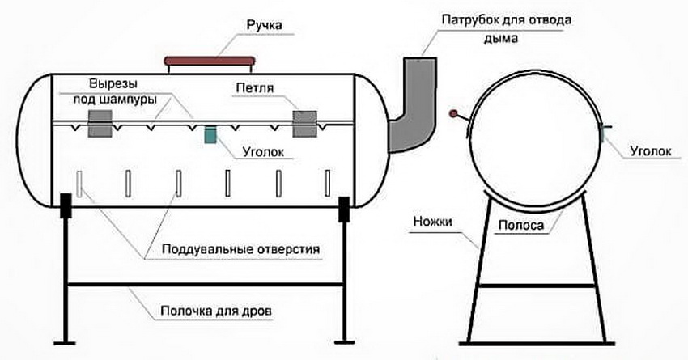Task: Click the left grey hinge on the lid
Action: click(100, 124)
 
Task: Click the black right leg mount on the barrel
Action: click(343, 208)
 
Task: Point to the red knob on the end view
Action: click(455, 113)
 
